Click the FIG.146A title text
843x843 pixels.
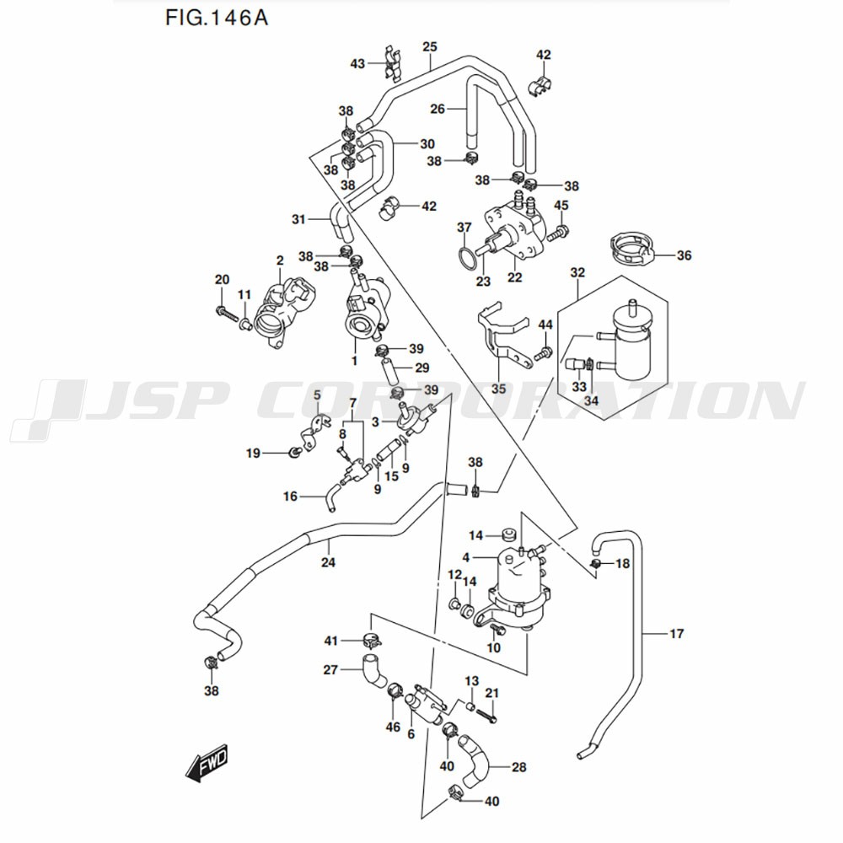(x=211, y=18)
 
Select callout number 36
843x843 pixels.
(x=684, y=255)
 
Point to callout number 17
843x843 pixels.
(x=676, y=634)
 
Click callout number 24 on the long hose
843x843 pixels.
(x=328, y=562)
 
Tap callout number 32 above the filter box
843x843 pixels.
(x=577, y=273)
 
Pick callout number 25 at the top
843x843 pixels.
(x=430, y=46)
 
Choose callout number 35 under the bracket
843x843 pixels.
(x=498, y=388)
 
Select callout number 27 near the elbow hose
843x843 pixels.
(x=330, y=670)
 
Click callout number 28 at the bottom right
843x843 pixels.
(x=519, y=767)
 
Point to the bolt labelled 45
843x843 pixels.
(x=563, y=228)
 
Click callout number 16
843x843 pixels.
(x=290, y=497)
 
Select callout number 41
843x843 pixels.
(x=330, y=642)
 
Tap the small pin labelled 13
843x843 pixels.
(x=473, y=705)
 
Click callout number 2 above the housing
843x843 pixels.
(x=279, y=260)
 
